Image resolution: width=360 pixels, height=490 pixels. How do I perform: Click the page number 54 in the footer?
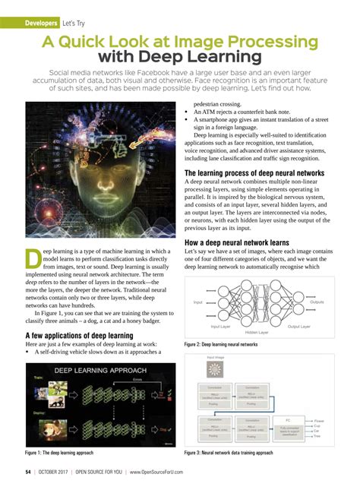[28, 471]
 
